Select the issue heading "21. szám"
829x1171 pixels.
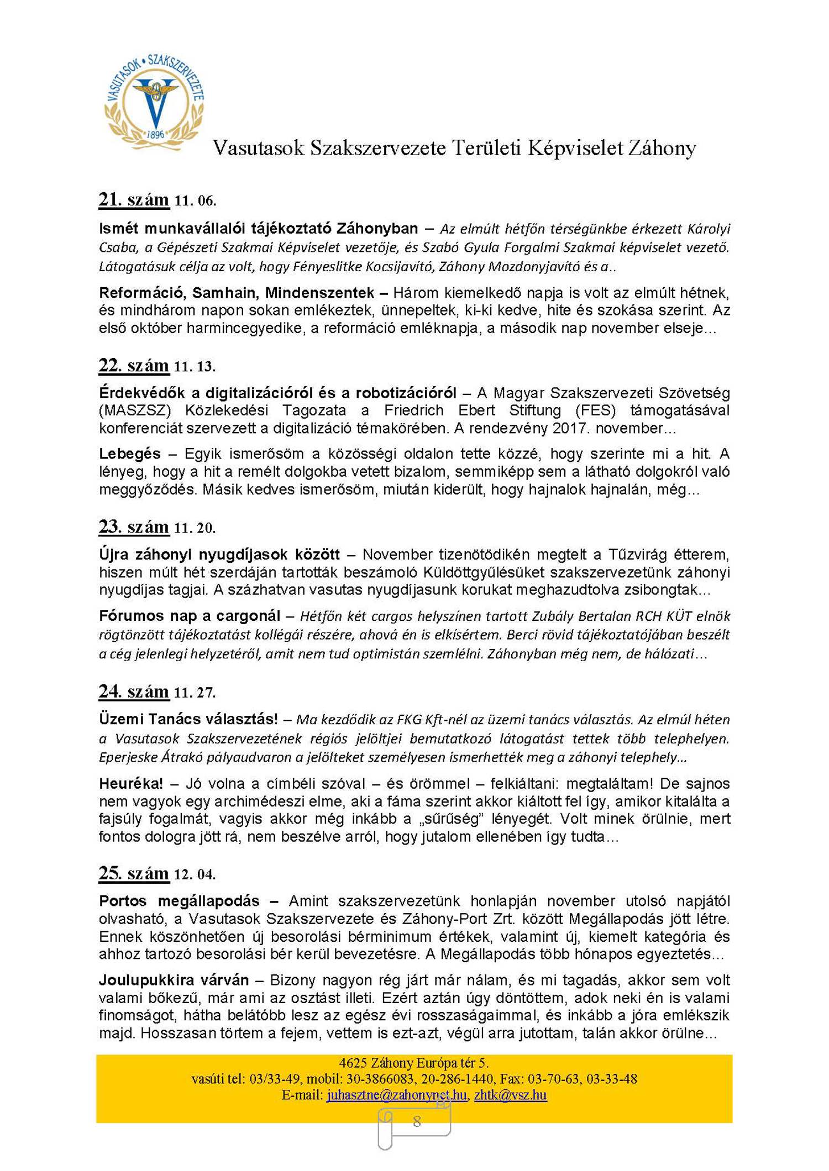coord(134,199)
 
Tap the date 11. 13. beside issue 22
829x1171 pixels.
coord(195,367)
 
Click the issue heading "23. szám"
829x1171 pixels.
coord(134,527)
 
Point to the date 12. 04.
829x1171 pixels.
coord(195,874)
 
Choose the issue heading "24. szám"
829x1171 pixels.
coord(134,692)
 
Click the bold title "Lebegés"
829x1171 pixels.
coord(130,453)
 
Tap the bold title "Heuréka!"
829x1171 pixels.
coord(131,783)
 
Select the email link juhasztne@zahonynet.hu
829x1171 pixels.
coord(397,1095)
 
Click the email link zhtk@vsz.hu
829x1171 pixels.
coord(510,1095)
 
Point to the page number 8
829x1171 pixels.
coord(417,1121)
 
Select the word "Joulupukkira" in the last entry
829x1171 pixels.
coord(144,980)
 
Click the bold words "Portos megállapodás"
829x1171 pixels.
coord(179,901)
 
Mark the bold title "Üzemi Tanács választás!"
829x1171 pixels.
coord(188,719)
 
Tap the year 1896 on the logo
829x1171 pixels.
coord(156,134)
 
